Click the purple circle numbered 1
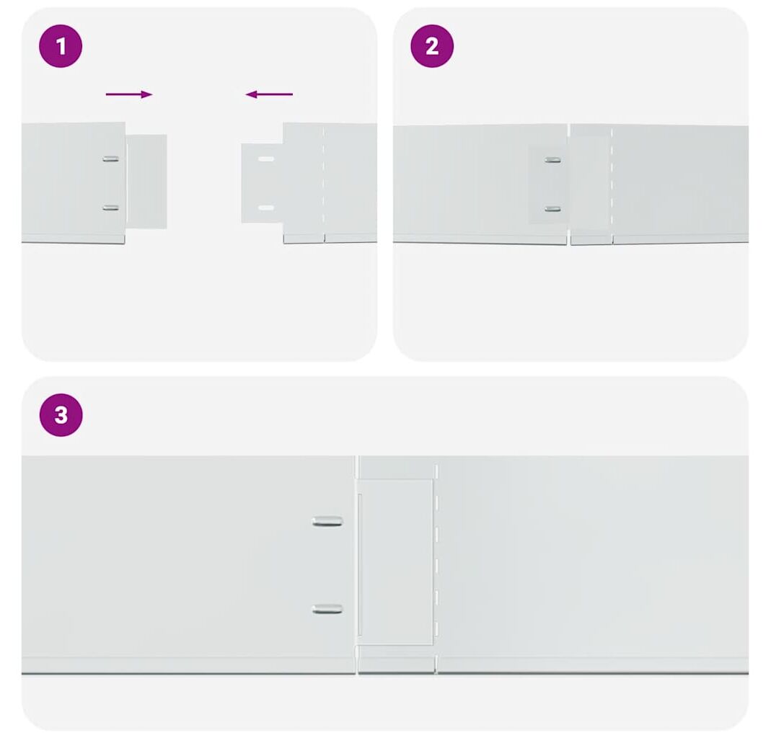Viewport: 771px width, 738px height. [x=61, y=46]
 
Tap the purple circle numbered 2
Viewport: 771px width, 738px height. [x=432, y=46]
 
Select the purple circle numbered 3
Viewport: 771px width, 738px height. [x=61, y=414]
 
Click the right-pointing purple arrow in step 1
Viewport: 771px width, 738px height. [x=129, y=94]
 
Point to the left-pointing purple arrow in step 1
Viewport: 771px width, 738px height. [x=269, y=94]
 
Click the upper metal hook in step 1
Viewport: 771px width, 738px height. [x=110, y=159]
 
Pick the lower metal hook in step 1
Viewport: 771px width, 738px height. [x=110, y=208]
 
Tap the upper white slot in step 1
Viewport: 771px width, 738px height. [x=266, y=159]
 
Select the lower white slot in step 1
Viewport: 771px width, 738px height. [x=266, y=208]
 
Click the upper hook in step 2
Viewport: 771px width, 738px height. [x=552, y=160]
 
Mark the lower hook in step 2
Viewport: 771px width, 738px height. [x=552, y=209]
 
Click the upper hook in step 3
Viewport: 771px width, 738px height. [x=327, y=521]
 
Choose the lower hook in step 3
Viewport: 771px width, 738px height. [x=327, y=609]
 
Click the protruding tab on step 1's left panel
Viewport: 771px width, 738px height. [x=146, y=182]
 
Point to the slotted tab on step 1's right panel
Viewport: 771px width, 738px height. [x=262, y=183]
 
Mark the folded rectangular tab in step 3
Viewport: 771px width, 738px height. [x=395, y=561]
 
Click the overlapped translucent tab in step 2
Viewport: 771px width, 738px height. [x=548, y=184]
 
